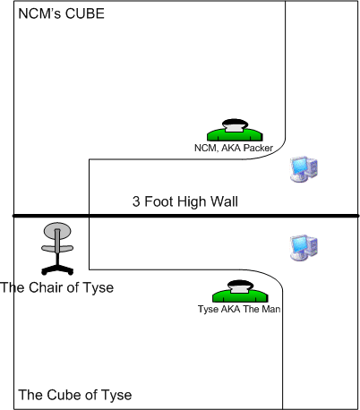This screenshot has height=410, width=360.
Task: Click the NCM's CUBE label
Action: click(62, 13)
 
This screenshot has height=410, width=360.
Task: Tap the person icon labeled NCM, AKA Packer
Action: click(235, 130)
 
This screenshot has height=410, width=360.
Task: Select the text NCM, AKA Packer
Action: click(234, 148)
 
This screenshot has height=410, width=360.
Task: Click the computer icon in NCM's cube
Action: click(304, 169)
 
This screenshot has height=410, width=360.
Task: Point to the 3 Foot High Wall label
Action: click(185, 201)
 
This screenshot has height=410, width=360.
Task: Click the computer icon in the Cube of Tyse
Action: click(304, 248)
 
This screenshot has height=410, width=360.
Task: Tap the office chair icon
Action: click(57, 249)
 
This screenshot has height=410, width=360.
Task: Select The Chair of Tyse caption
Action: click(56, 287)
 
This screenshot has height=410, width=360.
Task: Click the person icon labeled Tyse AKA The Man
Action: click(240, 291)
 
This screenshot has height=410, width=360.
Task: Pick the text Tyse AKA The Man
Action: click(239, 309)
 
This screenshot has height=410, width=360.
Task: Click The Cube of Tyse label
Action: click(75, 395)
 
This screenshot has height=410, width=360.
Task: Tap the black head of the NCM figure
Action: click(235, 123)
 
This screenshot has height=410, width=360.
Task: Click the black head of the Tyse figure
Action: click(240, 284)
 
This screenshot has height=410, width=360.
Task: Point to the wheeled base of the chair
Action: click(57, 269)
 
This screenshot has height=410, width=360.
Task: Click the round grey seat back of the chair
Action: click(57, 229)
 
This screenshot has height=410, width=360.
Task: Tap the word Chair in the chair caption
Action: click(46, 287)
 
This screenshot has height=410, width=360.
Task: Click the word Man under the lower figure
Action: click(270, 309)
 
